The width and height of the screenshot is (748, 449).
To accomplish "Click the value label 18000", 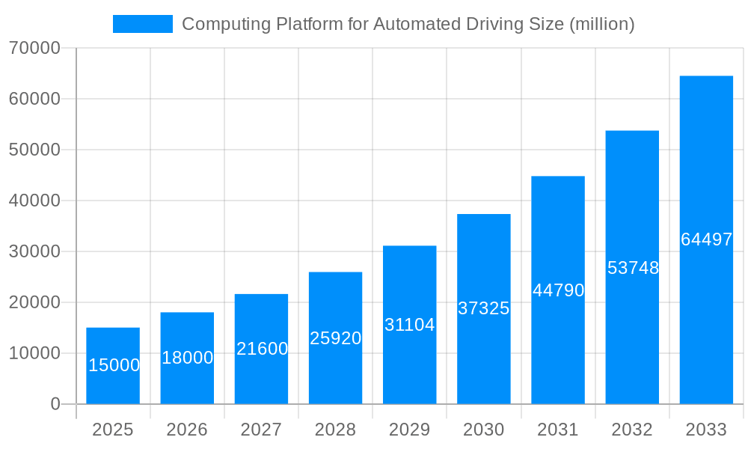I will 187,358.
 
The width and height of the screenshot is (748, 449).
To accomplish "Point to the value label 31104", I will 409,325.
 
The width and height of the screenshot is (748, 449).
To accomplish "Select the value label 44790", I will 558,290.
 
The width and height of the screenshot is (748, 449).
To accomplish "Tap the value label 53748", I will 633,268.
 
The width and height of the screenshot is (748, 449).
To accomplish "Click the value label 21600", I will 262,349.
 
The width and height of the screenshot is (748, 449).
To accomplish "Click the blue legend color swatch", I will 142,24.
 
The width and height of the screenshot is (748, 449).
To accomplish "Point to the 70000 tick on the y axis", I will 34,48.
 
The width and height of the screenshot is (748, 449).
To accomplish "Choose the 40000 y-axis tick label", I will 34,201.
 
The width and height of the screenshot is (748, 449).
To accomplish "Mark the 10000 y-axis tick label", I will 34,353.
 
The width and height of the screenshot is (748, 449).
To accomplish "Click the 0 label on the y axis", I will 55,404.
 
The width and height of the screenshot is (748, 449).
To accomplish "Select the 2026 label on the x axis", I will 187,430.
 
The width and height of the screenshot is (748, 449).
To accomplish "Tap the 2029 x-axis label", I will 409,430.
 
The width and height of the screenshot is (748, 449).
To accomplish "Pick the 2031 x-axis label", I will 558,430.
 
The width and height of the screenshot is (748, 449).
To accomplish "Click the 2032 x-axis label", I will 632,430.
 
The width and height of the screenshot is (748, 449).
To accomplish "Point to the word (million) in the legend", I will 602,24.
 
